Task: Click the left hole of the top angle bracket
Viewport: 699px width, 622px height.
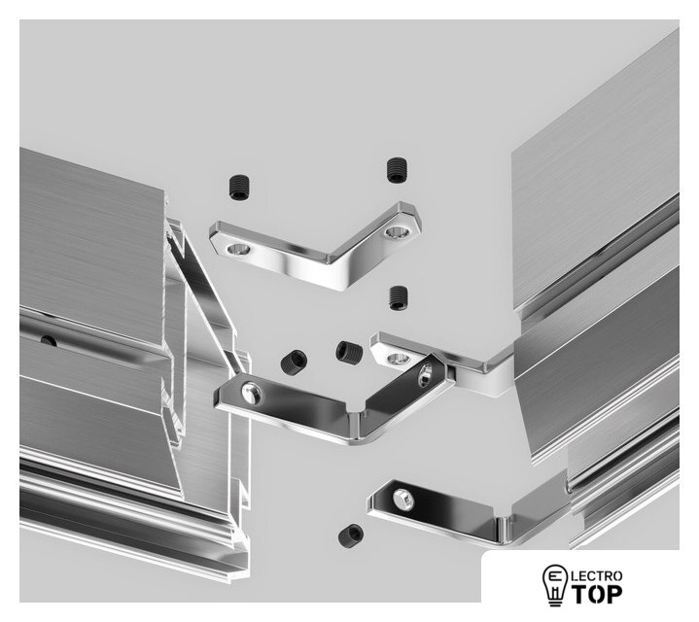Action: click(238, 249)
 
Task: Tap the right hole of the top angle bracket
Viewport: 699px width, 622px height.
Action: click(397, 232)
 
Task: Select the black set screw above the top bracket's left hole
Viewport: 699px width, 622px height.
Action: click(239, 188)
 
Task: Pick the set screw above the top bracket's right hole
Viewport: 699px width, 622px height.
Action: click(397, 170)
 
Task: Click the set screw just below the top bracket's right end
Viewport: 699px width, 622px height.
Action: click(398, 297)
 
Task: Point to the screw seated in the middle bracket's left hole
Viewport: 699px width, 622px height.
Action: click(252, 393)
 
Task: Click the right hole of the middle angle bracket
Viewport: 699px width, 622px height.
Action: click(425, 375)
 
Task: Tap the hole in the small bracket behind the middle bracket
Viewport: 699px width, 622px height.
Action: click(398, 358)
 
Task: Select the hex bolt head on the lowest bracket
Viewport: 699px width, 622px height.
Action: click(403, 499)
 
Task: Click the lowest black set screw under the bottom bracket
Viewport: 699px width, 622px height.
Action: click(351, 536)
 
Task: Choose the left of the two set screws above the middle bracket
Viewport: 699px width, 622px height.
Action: click(294, 362)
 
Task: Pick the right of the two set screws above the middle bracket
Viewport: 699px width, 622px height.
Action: click(350, 352)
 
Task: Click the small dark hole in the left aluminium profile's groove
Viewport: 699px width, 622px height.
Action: click(49, 341)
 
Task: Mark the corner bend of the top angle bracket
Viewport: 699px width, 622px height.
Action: click(335, 267)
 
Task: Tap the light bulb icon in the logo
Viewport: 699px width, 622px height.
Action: click(554, 585)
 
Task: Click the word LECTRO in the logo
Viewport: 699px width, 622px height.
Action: click(597, 576)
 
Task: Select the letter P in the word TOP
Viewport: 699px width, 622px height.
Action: click(614, 595)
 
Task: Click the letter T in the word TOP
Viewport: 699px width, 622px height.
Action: click(580, 595)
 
